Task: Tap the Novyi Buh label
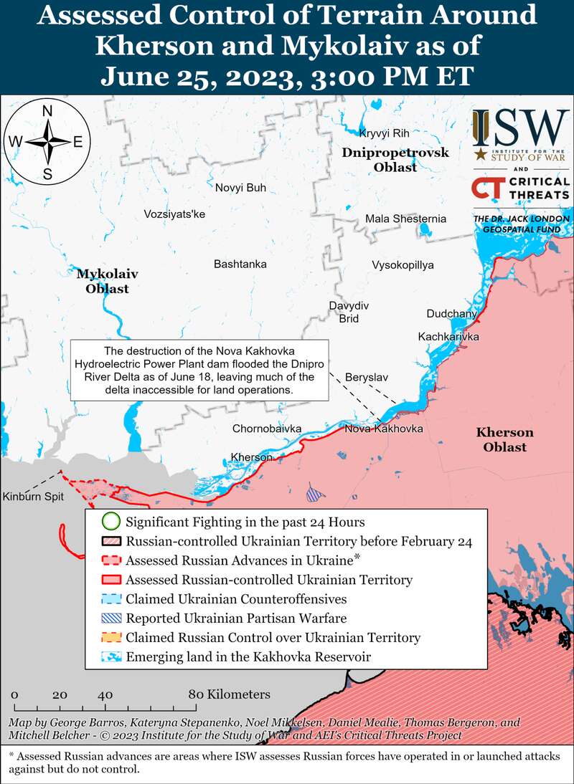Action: (240, 188)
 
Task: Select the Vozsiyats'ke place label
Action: (174, 214)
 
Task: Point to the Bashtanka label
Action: (240, 264)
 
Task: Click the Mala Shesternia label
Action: (405, 219)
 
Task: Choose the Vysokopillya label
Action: (403, 265)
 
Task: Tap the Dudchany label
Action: (451, 314)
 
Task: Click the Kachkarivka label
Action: (448, 336)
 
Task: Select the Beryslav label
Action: (367, 376)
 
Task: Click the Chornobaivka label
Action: (266, 429)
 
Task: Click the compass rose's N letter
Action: (47, 111)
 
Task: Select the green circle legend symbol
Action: (110, 522)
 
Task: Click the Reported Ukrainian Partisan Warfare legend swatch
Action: (110, 618)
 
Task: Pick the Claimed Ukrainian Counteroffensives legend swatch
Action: (110, 598)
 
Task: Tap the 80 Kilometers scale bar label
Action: (230, 694)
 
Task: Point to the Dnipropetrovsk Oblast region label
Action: (395, 160)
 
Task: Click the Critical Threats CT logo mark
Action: (487, 188)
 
